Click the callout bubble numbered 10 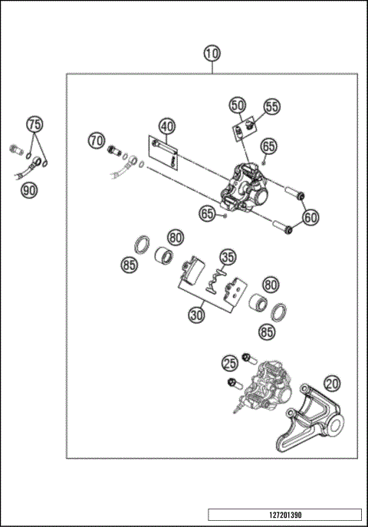pos(212,54)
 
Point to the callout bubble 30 pos(197,314)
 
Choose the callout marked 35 pos(228,257)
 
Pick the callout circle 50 pos(238,105)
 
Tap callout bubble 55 pos(272,107)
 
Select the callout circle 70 pos(96,140)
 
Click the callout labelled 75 pos(34,124)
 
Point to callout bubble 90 pos(28,189)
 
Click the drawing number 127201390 pos(284,514)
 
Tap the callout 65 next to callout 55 pos(268,146)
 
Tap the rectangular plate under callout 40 pos(163,147)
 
